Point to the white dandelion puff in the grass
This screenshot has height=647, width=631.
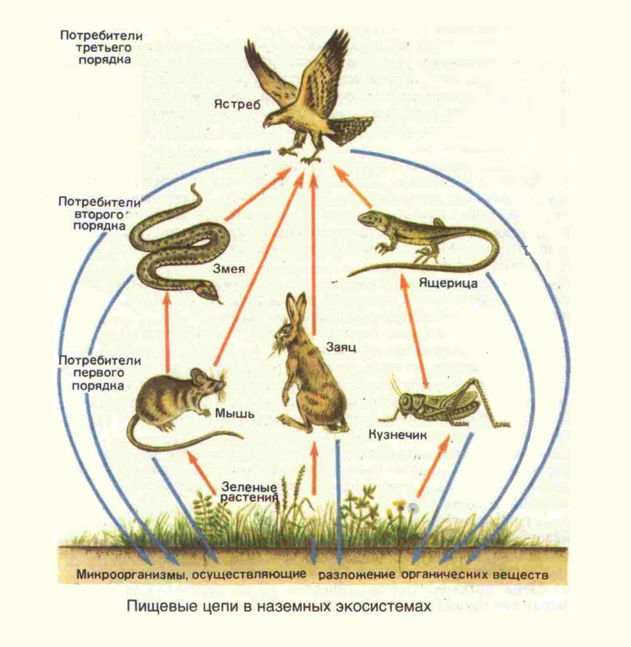tap(415, 508)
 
